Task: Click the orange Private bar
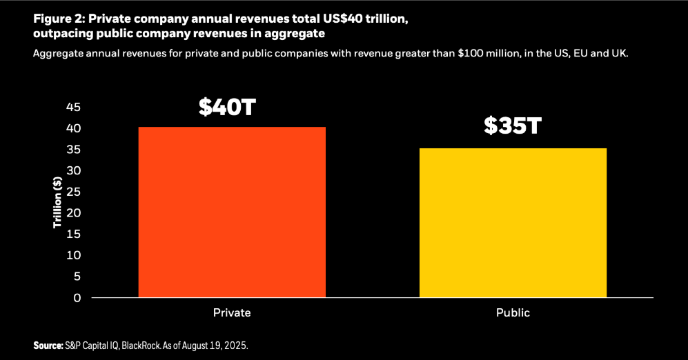point(232,212)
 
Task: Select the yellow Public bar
point(513,223)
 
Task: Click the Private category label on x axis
point(232,312)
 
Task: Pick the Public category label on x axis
point(513,312)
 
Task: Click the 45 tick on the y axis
point(74,107)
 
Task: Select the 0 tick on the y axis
point(77,297)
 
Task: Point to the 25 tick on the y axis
point(74,192)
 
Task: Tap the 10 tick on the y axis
point(74,255)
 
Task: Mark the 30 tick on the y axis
point(74,170)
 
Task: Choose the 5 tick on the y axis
point(77,277)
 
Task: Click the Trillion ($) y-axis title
point(59,203)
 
